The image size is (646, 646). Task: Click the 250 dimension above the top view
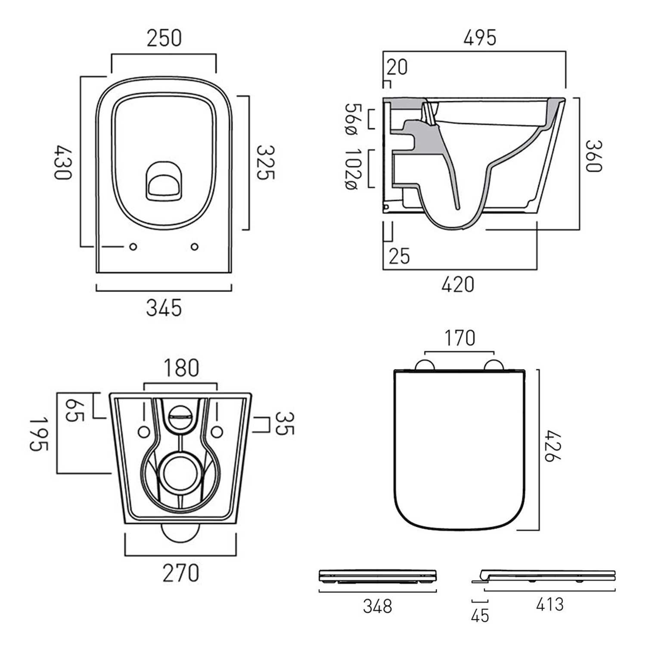coord(164,38)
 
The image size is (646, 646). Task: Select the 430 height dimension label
coord(63,163)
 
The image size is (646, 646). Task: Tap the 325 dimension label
coord(265,162)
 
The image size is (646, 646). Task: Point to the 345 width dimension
coord(164,308)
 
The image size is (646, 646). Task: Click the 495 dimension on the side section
coord(480,38)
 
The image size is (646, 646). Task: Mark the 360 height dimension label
coord(593,156)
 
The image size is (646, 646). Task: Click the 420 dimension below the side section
coord(458,285)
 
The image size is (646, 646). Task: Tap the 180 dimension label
coord(181,368)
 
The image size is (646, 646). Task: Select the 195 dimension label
coord(39,434)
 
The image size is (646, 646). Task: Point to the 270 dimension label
coord(180,573)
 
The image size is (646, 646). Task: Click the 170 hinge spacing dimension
coord(460,338)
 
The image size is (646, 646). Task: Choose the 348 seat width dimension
coord(378,606)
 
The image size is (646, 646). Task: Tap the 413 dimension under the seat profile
coord(550,604)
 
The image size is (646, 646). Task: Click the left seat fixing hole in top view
coord(133,247)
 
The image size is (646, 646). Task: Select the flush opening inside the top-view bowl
coord(164,182)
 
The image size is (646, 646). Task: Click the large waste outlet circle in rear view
coord(180,473)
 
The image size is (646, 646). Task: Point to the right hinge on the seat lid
coord(494,366)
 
